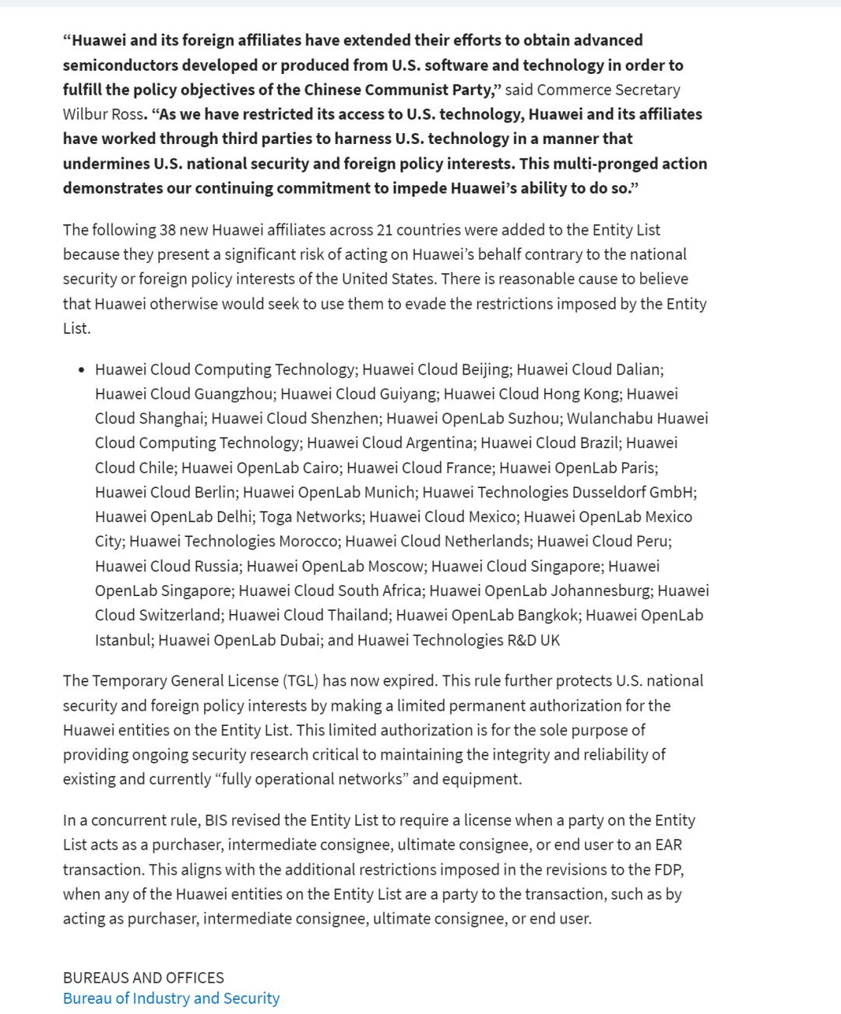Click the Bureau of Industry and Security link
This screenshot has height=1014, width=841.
(x=171, y=998)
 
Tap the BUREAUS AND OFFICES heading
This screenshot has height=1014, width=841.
(x=143, y=977)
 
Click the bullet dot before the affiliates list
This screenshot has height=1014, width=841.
(x=82, y=370)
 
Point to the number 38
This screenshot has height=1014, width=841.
(x=167, y=230)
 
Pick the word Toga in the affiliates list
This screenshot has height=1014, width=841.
(x=276, y=517)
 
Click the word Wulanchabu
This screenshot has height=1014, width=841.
(x=610, y=419)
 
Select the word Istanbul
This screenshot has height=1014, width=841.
(x=124, y=640)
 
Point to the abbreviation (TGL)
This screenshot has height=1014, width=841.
(x=294, y=681)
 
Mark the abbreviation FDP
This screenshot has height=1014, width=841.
(x=669, y=869)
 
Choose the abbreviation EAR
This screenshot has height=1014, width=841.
(x=668, y=845)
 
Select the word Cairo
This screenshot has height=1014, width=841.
(x=318, y=468)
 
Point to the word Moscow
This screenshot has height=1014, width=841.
(x=396, y=567)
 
